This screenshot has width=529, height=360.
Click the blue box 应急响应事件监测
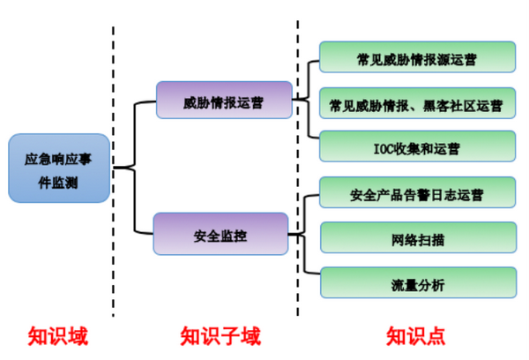[x=58, y=169]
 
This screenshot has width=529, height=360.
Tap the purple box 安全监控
[x=220, y=235]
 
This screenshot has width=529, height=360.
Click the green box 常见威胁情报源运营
[x=416, y=57]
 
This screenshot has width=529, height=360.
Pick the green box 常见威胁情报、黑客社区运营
[x=416, y=104]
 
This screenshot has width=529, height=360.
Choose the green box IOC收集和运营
[x=416, y=147]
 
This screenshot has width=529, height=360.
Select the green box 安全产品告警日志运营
[x=416, y=191]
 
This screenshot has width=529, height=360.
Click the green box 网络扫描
[x=416, y=238]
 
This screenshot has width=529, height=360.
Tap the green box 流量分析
[x=416, y=284]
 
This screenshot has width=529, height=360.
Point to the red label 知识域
[x=58, y=337]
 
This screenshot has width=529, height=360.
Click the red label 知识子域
[x=220, y=337]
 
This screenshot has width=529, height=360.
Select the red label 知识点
[x=415, y=337]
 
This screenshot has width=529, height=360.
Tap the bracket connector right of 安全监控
[x=302, y=235]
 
